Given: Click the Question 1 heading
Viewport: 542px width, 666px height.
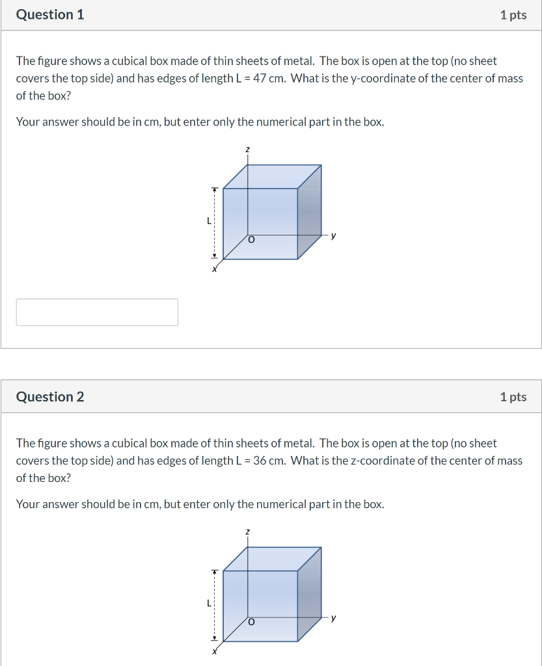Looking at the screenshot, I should click(50, 14).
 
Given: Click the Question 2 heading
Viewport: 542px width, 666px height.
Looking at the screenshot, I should click(50, 397).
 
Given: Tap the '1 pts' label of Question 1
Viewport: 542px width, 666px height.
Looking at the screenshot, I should click(513, 15).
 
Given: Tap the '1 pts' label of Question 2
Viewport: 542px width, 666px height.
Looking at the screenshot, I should click(513, 397).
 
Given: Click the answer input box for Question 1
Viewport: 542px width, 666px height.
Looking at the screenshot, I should click(97, 312).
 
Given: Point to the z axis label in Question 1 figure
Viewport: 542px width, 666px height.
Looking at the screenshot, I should click(247, 150).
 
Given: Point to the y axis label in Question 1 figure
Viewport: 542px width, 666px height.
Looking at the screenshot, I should click(334, 235).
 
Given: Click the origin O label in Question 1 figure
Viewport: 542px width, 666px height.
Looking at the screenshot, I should click(251, 240).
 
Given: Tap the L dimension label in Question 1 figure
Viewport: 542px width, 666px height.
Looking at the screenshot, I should click(208, 220).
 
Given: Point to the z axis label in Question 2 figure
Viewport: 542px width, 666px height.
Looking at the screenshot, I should click(247, 532).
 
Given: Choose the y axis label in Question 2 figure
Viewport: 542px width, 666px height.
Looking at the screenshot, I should click(334, 618).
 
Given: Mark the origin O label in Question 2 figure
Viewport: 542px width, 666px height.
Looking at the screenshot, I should click(251, 622).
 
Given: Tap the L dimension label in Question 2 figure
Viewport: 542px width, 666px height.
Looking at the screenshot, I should click(208, 603).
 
